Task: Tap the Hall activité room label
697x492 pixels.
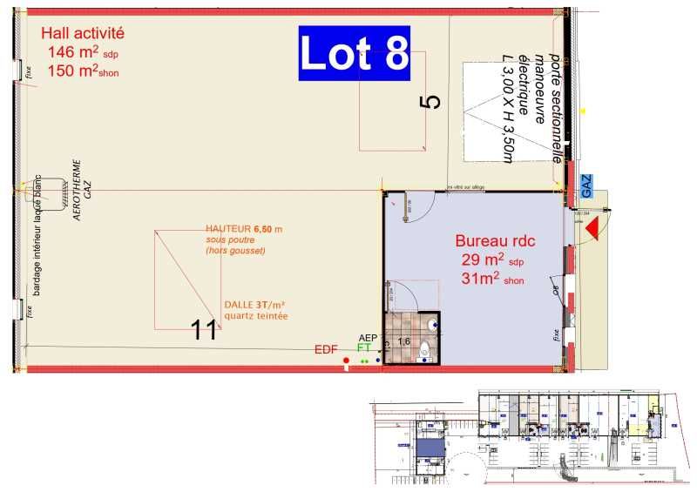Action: pyautogui.click(x=84, y=33)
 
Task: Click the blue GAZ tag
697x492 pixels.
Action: pyautogui.click(x=585, y=184)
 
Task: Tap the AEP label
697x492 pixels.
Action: pyautogui.click(x=369, y=337)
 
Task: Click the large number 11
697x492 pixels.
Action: pyautogui.click(x=204, y=329)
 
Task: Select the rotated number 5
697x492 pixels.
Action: pyautogui.click(x=430, y=101)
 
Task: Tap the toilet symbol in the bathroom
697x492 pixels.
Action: pyautogui.click(x=424, y=351)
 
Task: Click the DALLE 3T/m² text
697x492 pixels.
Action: pyautogui.click(x=254, y=305)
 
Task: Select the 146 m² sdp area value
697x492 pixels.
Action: pyautogui.click(x=79, y=52)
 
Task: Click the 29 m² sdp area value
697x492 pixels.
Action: pyautogui.click(x=494, y=260)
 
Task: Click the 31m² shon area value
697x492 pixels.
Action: pyautogui.click(x=494, y=279)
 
